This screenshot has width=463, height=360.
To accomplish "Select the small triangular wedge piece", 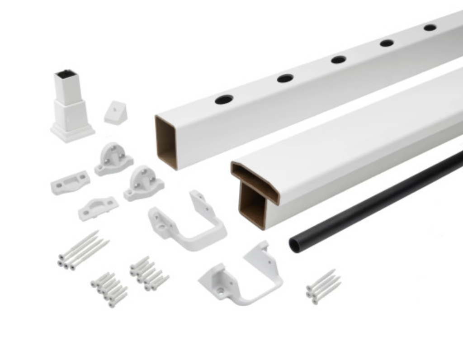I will click(116, 113).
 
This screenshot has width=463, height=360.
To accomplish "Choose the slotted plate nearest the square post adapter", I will click(70, 182).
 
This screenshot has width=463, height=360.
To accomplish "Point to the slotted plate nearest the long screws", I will click(98, 208).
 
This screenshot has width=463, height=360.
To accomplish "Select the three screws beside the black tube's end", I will click(323, 286).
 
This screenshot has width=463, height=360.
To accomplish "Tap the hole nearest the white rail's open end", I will click(224, 99).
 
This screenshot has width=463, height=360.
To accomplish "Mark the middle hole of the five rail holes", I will click(338, 59).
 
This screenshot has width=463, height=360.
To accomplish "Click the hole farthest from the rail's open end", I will click(430, 28).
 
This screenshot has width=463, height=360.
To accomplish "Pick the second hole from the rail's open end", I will click(285, 78).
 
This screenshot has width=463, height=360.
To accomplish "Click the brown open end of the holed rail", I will click(166, 142).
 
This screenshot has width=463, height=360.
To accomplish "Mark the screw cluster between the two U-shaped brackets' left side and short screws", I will click(149, 273).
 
